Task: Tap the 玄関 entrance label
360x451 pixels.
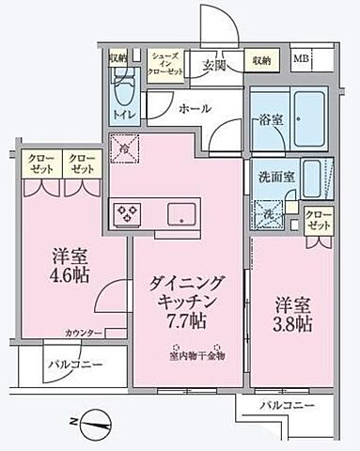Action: pyautogui.click(x=213, y=66)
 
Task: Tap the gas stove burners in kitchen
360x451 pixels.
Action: pyautogui.click(x=125, y=213)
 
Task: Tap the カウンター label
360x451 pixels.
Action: pyautogui.click(x=84, y=333)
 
